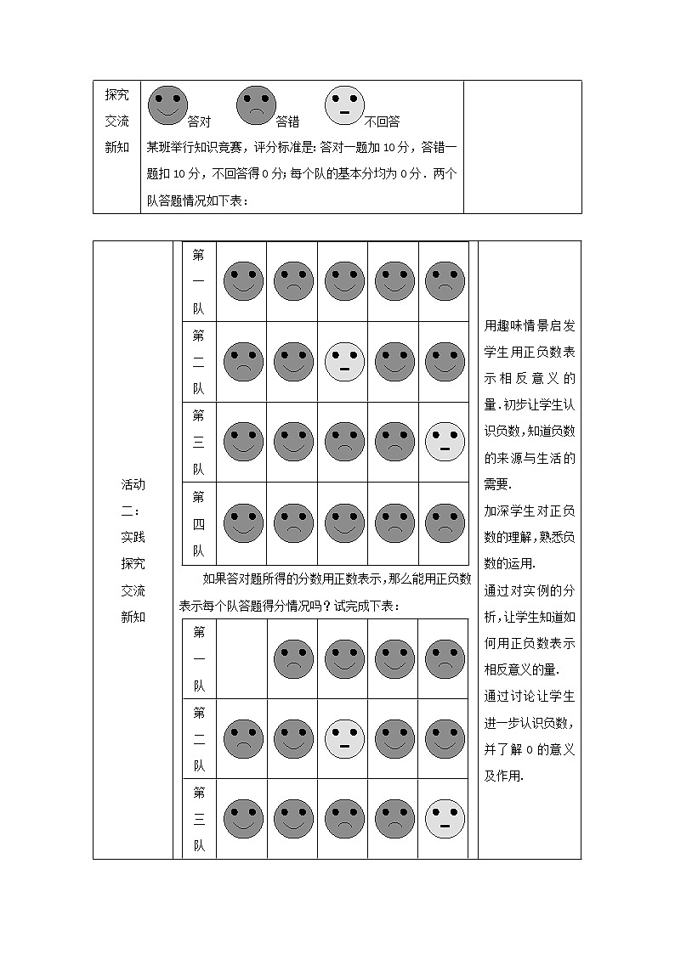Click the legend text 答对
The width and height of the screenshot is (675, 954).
click(x=199, y=121)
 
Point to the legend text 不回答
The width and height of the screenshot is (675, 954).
click(x=382, y=121)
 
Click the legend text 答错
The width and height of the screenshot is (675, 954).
click(x=287, y=121)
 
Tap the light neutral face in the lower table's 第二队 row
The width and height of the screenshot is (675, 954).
click(x=344, y=739)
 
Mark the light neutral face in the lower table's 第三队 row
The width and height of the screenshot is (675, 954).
click(x=445, y=819)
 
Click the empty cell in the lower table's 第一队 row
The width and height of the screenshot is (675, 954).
click(x=242, y=658)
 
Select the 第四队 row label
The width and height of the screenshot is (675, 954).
click(x=199, y=522)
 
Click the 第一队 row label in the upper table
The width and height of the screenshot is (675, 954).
click(x=199, y=281)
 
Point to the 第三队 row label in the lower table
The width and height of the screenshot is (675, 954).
click(x=199, y=819)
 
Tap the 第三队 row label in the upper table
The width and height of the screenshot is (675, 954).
click(x=199, y=442)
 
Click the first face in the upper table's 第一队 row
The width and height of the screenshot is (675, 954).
click(x=243, y=281)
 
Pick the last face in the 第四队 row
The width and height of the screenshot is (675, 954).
click(x=445, y=523)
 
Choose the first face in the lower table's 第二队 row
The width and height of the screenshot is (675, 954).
click(x=243, y=739)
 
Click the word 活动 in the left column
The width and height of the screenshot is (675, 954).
click(x=133, y=485)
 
